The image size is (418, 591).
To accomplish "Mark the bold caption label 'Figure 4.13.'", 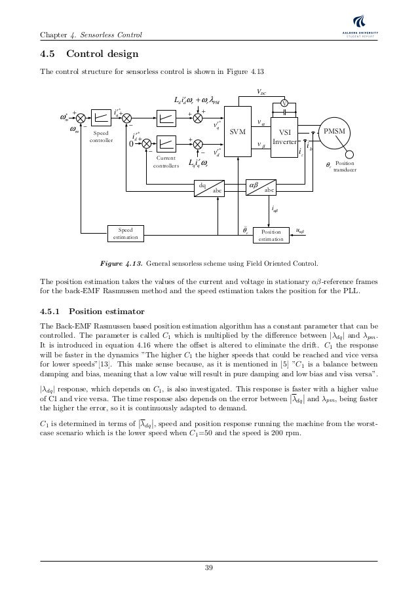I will coord(121,264).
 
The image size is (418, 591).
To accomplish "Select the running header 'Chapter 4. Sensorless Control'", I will coord(92,33).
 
